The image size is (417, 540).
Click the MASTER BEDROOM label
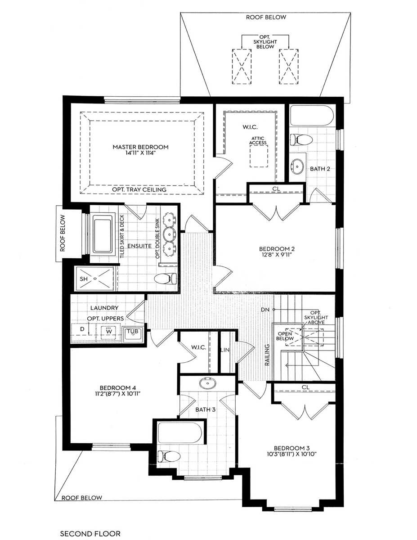click(x=140, y=147)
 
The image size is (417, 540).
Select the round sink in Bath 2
click(x=297, y=166)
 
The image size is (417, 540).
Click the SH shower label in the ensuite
click(x=84, y=279)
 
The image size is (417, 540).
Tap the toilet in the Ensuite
click(x=165, y=279)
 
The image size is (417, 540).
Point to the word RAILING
click(x=267, y=355)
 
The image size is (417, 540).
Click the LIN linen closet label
click(x=224, y=350)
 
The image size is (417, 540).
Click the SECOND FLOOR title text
click(x=90, y=534)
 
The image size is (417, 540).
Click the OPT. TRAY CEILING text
click(x=139, y=189)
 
